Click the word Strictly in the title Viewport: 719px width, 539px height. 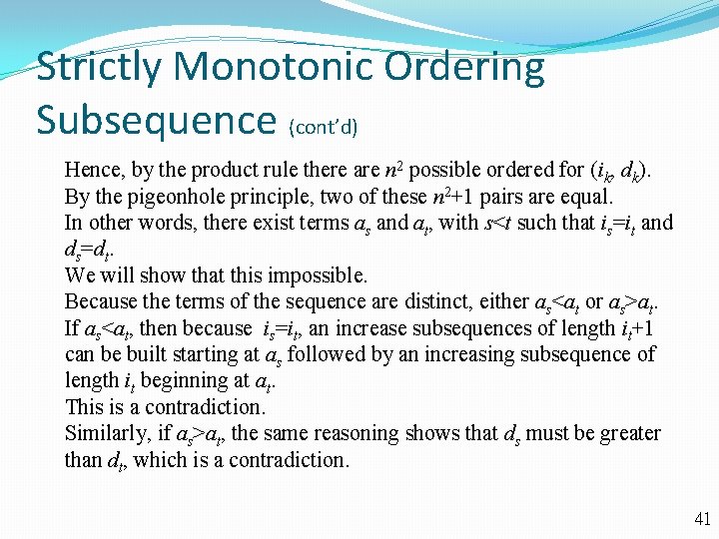(x=99, y=68)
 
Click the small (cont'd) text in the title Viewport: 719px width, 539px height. (x=323, y=127)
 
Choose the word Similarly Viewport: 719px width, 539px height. (x=104, y=433)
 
